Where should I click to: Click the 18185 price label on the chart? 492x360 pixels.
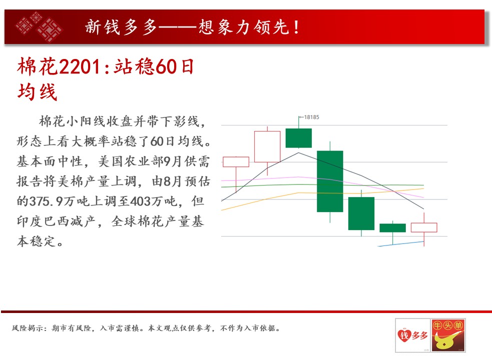click(x=311, y=117)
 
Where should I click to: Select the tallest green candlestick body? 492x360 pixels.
click(x=330, y=181)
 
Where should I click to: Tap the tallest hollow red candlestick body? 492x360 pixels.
click(x=267, y=146)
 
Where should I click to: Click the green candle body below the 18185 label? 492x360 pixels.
click(x=298, y=138)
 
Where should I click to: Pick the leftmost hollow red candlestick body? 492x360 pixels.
click(x=236, y=162)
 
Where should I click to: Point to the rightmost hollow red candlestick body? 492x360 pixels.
click(x=424, y=227)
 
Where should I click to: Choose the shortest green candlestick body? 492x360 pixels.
click(x=392, y=227)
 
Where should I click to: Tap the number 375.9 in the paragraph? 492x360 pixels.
click(x=46, y=201)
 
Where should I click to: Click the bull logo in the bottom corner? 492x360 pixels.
click(x=448, y=335)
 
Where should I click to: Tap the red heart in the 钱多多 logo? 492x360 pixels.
click(x=404, y=335)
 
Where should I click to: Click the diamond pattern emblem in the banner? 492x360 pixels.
click(x=39, y=26)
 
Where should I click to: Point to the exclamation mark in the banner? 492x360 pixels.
click(x=296, y=27)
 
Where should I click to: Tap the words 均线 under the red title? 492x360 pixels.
click(x=38, y=92)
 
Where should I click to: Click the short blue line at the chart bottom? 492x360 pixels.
click(x=401, y=244)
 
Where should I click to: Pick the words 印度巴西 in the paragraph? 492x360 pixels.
click(x=44, y=221)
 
